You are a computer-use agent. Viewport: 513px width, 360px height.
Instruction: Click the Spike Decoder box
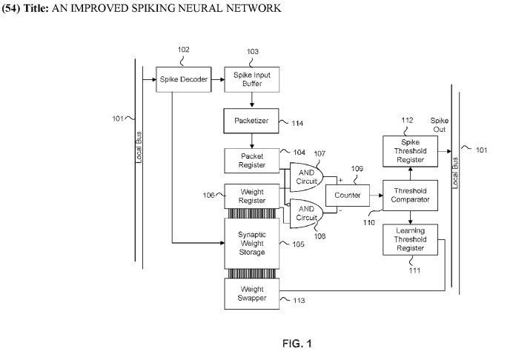tap(180, 78)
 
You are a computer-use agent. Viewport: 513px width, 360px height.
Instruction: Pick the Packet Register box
tap(252, 161)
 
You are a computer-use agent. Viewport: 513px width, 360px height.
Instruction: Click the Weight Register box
tap(252, 196)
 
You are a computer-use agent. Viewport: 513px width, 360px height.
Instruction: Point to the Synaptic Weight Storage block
tap(252, 242)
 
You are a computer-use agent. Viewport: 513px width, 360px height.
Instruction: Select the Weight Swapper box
tap(252, 293)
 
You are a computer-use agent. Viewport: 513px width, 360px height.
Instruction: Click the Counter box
tap(347, 195)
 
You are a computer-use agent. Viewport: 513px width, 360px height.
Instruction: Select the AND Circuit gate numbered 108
tap(304, 213)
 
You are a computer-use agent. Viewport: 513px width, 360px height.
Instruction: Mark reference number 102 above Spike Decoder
tap(183, 50)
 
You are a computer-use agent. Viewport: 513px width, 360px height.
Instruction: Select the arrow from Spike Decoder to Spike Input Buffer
tap(215, 78)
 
